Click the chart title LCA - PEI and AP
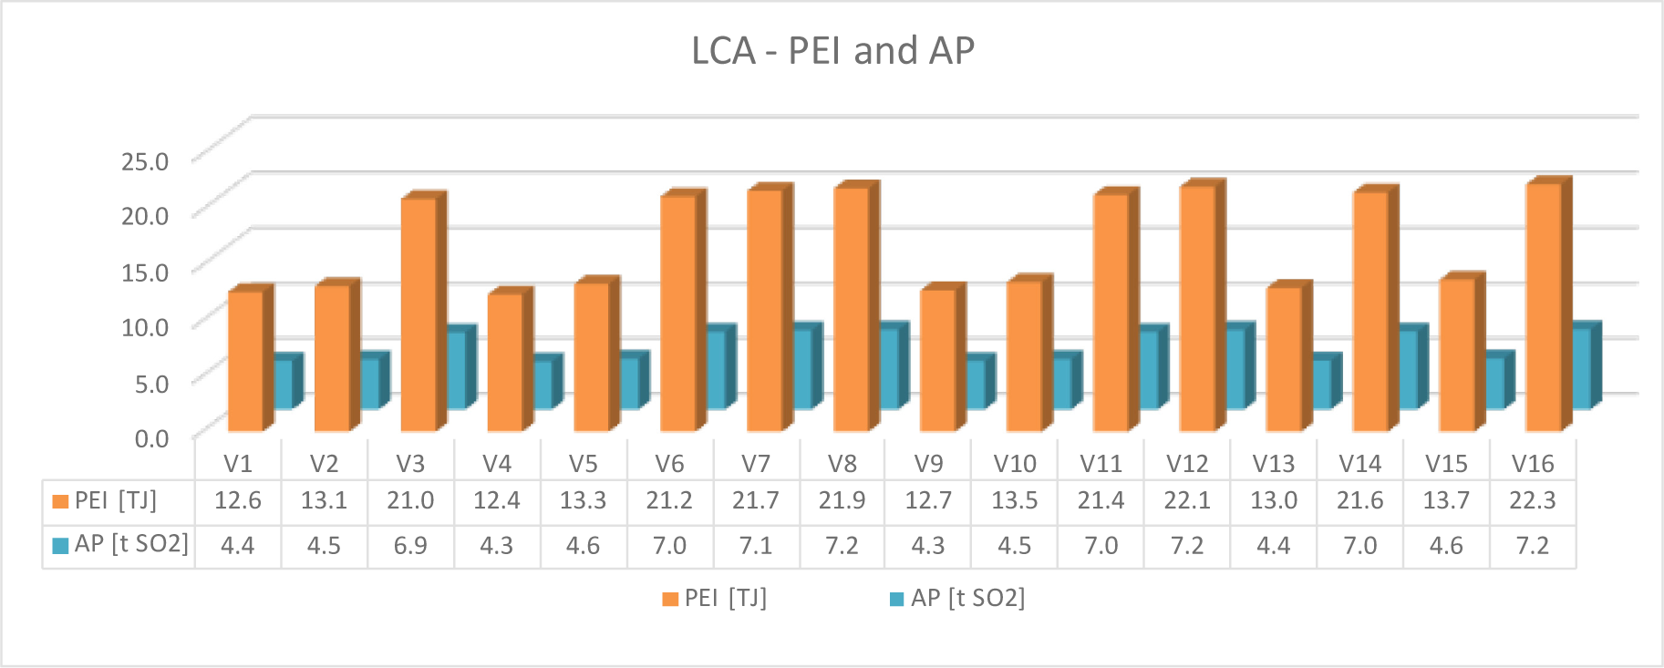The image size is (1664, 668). pyautogui.click(x=832, y=51)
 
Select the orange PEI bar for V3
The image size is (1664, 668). pyautogui.click(x=419, y=314)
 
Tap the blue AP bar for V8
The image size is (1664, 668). pyautogui.click(x=889, y=368)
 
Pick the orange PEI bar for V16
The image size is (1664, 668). pyautogui.click(x=1544, y=306)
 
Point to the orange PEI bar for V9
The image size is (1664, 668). pyautogui.click(x=937, y=360)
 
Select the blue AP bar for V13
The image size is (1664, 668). pyautogui.click(x=1321, y=384)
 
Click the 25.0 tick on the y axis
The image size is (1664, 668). pyautogui.click(x=145, y=162)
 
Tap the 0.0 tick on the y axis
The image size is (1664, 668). pyautogui.click(x=151, y=438)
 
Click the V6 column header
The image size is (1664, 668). pyautogui.click(x=669, y=464)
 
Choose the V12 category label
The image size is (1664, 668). pyautogui.click(x=1187, y=464)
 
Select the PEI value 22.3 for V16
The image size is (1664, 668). pyautogui.click(x=1532, y=500)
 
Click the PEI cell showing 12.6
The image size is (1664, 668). pyautogui.click(x=237, y=500)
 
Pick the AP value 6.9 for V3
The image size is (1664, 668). pyautogui.click(x=410, y=546)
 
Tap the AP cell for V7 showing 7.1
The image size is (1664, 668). pyautogui.click(x=755, y=546)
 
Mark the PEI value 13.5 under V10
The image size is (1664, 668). pyautogui.click(x=1014, y=500)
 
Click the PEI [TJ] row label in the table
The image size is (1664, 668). pyautogui.click(x=115, y=500)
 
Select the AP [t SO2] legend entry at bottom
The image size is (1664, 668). pyautogui.click(x=957, y=598)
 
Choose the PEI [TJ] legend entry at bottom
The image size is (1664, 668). pyautogui.click(x=715, y=598)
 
